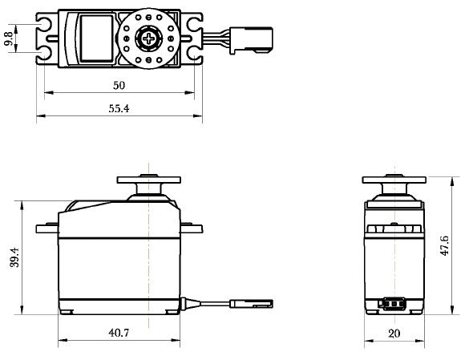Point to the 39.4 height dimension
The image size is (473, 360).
pyautogui.click(x=14, y=258)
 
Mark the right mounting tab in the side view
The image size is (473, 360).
pyautogui.click(x=190, y=227)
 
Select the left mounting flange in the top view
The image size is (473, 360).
pyautogui.click(x=46, y=37)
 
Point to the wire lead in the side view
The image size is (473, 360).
pyautogui.click(x=208, y=303)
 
